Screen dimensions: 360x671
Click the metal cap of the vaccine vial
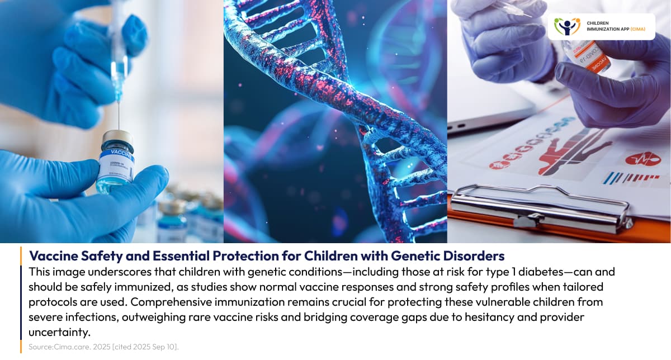118,137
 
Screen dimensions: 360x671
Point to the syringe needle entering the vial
118,115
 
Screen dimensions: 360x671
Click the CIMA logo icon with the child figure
567,26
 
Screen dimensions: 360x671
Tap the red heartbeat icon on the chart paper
642,159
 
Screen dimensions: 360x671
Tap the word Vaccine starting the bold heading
50,256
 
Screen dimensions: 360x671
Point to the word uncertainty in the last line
60,333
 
